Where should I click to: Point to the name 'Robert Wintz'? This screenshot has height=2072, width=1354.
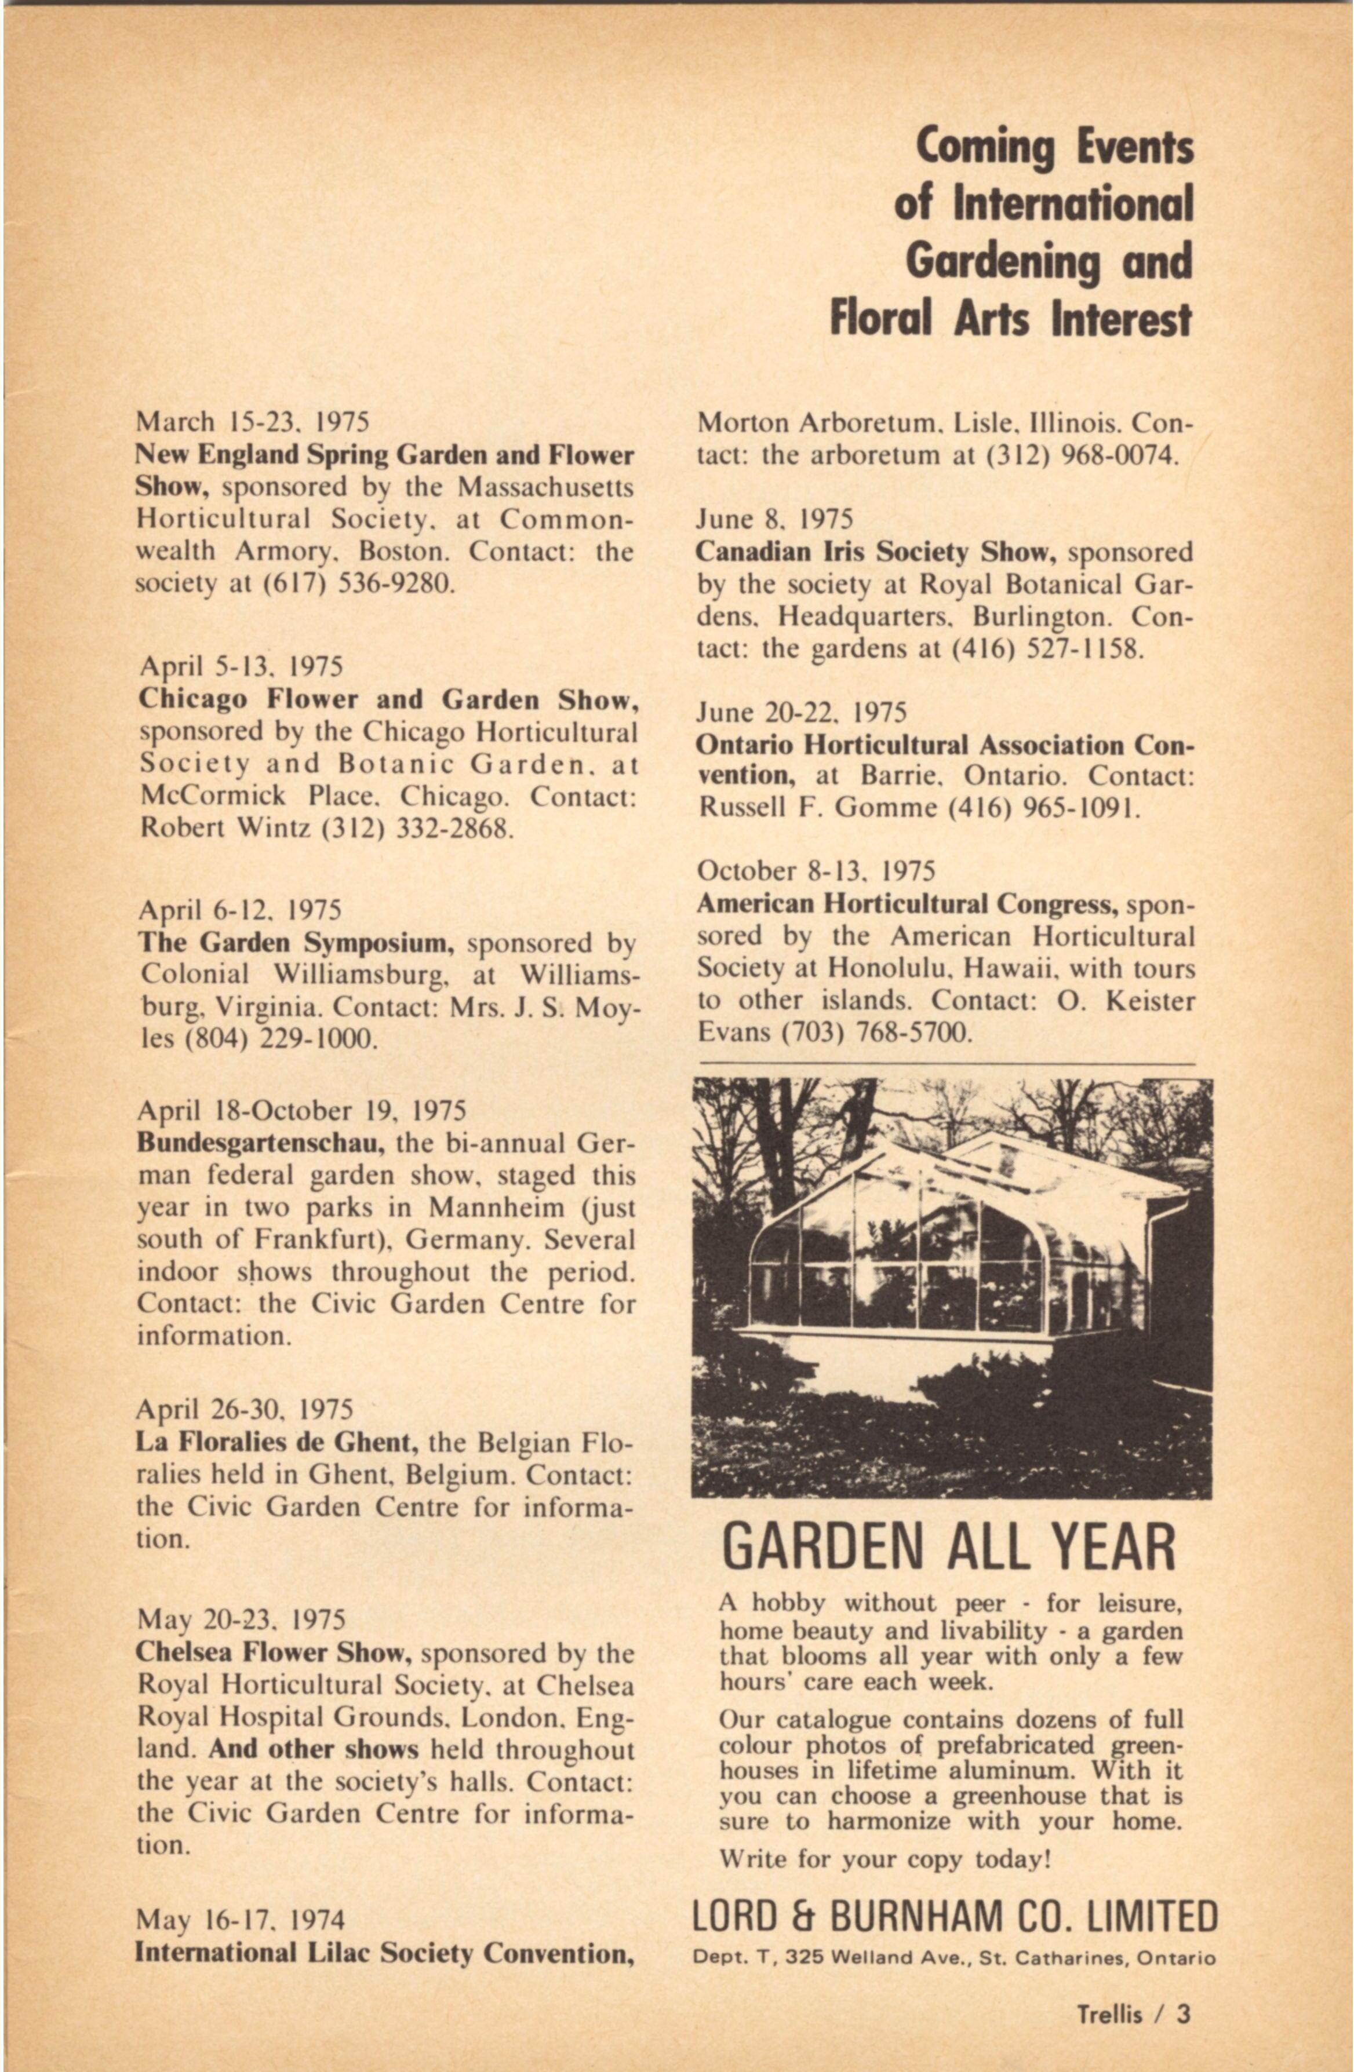tap(225, 827)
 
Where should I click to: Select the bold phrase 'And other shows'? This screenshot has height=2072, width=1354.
tap(314, 1749)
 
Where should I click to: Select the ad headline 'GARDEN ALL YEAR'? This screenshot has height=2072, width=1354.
tap(948, 1545)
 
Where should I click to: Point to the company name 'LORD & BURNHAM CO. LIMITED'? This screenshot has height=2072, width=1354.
tap(954, 1918)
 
